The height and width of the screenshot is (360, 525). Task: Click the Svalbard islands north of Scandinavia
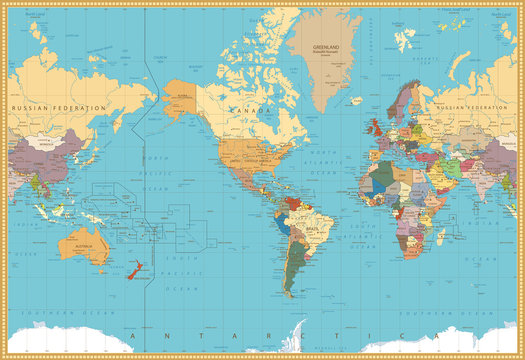(403, 38)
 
